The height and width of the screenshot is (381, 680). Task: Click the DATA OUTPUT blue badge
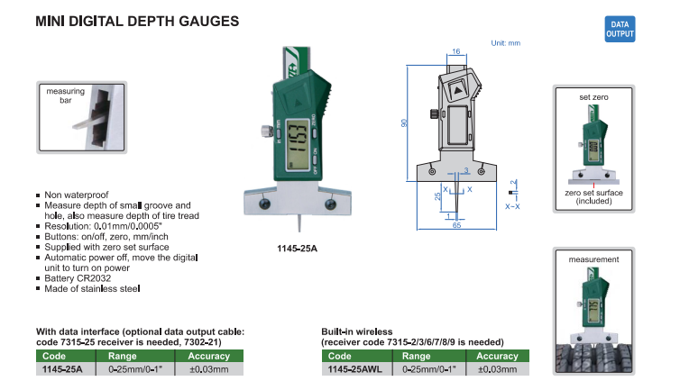(x=620, y=29)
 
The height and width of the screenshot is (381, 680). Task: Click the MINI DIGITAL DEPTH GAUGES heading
(x=137, y=22)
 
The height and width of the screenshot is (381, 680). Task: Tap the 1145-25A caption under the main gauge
(x=297, y=249)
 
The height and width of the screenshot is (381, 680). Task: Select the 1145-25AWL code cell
(x=354, y=369)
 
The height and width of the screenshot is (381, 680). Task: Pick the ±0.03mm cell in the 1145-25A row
(x=208, y=369)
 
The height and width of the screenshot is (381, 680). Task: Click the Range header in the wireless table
(x=416, y=356)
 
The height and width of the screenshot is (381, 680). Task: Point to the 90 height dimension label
(x=405, y=123)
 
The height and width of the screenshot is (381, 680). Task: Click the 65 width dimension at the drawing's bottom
(x=456, y=225)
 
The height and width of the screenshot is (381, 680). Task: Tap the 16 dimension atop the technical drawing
(x=455, y=51)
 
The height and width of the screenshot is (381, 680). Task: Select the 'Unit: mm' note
(x=506, y=43)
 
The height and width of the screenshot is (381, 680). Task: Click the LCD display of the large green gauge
(x=298, y=144)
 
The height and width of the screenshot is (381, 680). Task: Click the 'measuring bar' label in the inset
(x=66, y=95)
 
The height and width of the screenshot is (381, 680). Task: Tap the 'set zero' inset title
(x=593, y=97)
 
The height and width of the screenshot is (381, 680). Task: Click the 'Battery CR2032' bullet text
(x=78, y=278)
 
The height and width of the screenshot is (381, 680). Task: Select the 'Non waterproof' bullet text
(x=77, y=195)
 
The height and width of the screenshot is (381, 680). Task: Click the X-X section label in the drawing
(x=512, y=206)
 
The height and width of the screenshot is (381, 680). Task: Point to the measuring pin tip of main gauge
(x=299, y=231)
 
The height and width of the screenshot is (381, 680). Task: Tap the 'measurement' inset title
(x=593, y=259)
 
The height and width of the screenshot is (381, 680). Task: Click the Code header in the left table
(x=54, y=356)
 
